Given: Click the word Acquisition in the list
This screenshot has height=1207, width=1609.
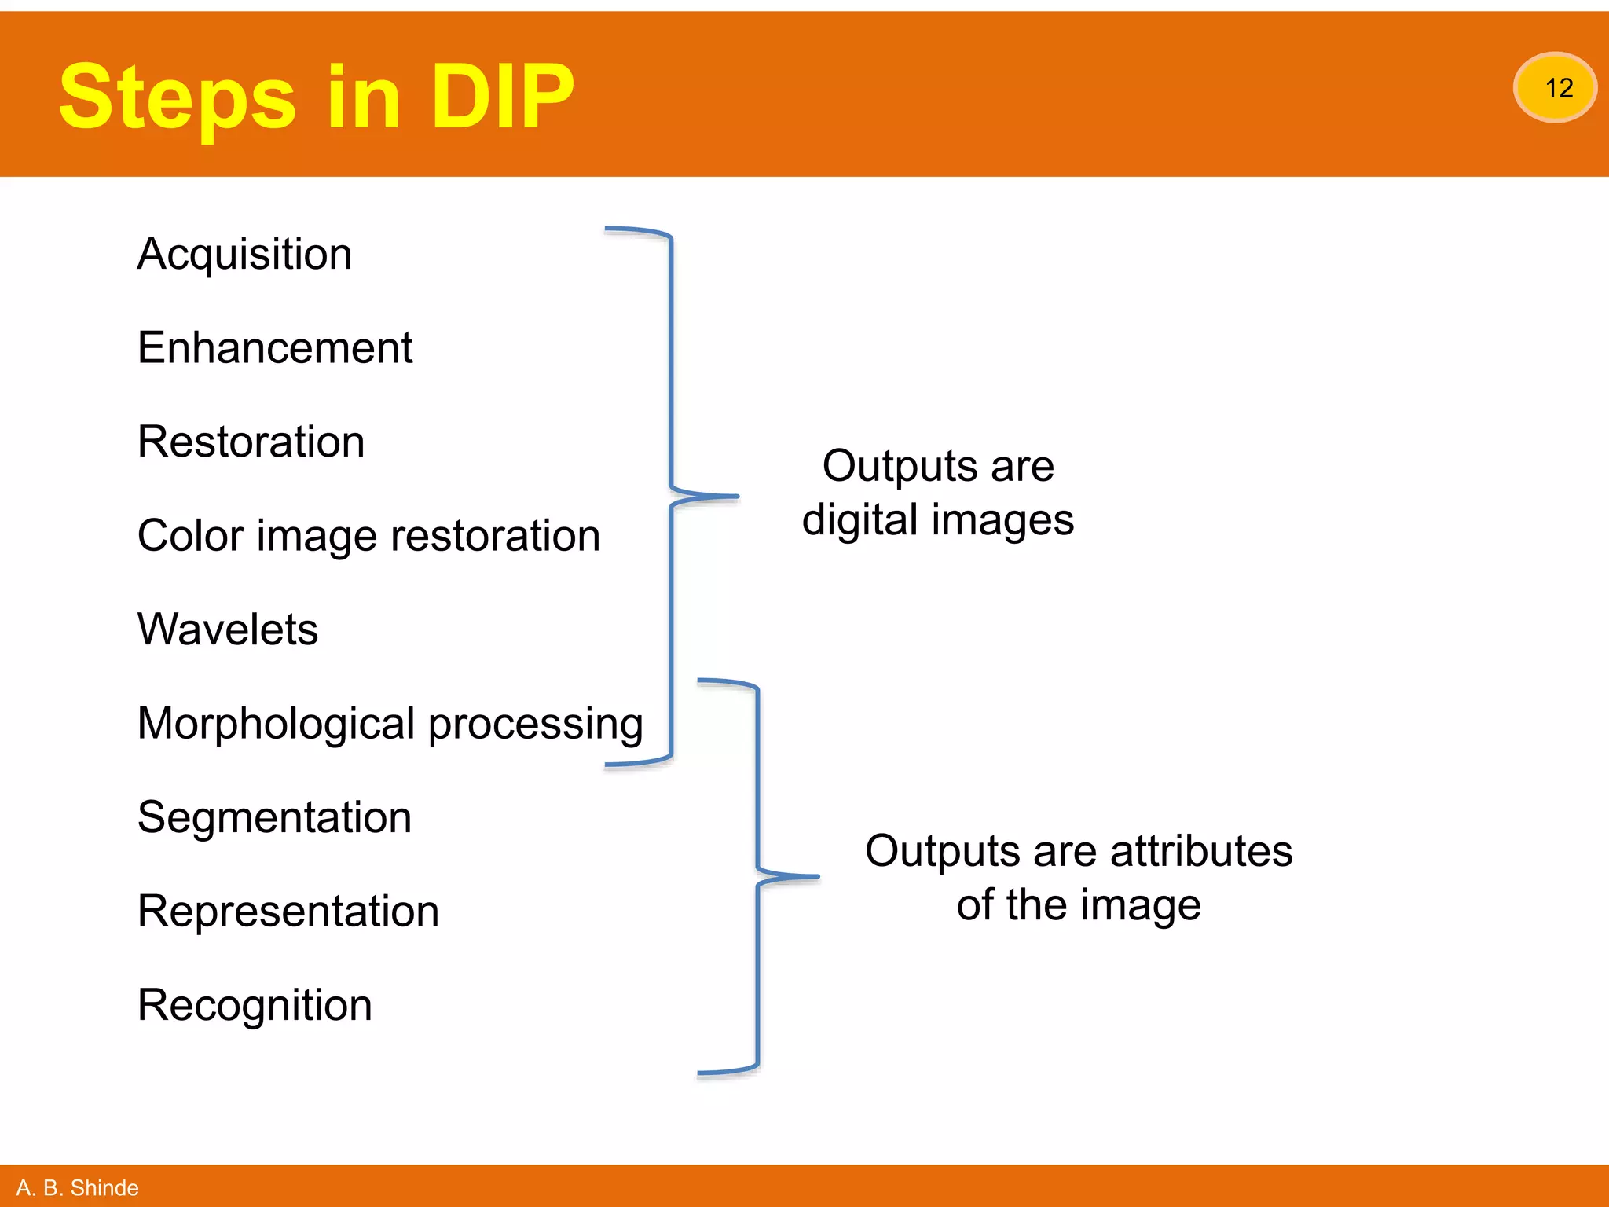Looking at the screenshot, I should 244,255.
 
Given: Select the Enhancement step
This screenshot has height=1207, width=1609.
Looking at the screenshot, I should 274,348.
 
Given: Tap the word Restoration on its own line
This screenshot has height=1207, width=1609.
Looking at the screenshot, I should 251,442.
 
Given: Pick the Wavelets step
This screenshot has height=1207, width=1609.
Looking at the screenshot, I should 227,629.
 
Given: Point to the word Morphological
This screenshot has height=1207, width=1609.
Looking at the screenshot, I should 276,724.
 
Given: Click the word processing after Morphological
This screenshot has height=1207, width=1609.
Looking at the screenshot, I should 536,724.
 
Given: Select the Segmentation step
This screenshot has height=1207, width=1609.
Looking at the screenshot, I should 274,817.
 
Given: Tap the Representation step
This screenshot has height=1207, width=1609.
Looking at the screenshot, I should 288,912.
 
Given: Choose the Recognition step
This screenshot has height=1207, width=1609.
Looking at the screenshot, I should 255,1005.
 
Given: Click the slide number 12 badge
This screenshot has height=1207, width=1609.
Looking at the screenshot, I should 1555,87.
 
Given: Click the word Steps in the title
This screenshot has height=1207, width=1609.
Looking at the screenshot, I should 177,97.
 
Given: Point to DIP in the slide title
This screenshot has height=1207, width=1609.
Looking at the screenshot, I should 503,97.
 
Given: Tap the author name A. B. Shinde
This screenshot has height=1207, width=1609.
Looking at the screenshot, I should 77,1187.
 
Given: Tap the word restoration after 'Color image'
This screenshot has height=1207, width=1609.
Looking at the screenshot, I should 495,536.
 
